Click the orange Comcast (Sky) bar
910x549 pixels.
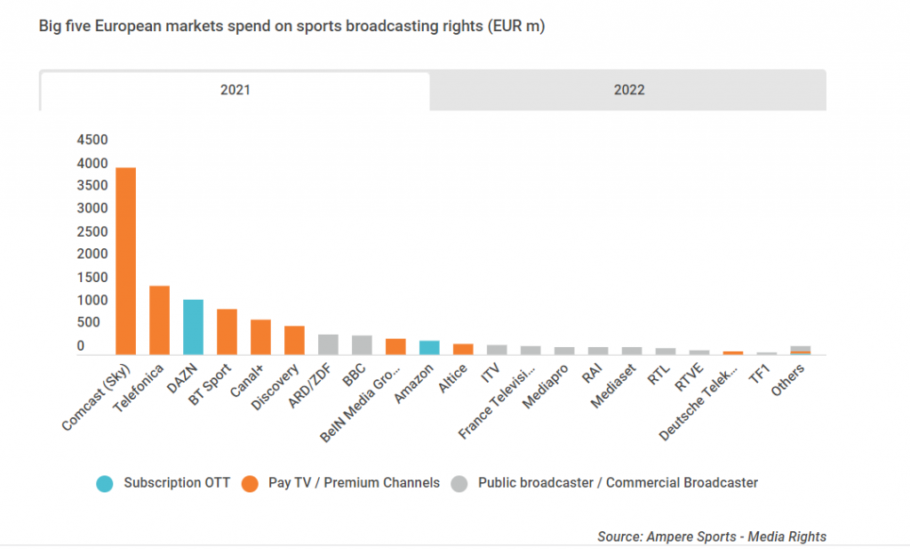[126, 261]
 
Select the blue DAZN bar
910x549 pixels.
[193, 327]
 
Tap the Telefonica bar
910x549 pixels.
[160, 320]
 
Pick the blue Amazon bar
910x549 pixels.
[429, 347]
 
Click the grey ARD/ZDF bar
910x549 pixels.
[329, 344]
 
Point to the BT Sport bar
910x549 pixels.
[227, 332]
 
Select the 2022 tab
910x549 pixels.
[628, 90]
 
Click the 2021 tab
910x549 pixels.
[235, 90]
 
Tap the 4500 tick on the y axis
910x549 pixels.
[92, 140]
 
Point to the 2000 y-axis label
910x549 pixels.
[92, 254]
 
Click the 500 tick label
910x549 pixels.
[88, 322]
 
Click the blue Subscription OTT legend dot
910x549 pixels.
[105, 483]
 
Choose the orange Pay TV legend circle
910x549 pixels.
[250, 483]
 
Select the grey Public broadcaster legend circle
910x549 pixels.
[459, 483]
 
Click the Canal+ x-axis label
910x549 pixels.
[247, 381]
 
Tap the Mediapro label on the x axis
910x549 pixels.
[545, 387]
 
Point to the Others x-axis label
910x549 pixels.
[787, 381]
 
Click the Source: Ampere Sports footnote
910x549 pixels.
[712, 537]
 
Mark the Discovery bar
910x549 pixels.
[294, 341]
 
